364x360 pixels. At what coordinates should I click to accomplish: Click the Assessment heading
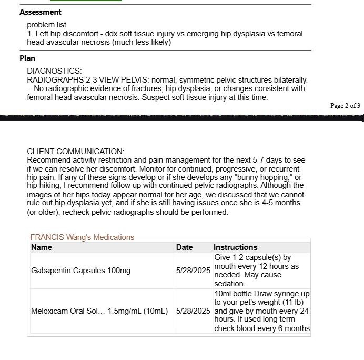[x=41, y=12]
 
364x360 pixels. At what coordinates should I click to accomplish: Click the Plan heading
[x=27, y=58]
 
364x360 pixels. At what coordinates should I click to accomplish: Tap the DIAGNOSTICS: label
[x=54, y=71]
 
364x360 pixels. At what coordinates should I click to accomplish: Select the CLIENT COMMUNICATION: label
[x=75, y=152]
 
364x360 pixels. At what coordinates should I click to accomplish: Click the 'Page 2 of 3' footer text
[x=345, y=106]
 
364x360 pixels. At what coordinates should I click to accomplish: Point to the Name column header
[x=42, y=247]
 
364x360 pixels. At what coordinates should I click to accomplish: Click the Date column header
[x=185, y=247]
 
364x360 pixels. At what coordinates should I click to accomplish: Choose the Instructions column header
[x=235, y=247]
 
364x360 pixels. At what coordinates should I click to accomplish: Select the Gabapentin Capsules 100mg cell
[x=80, y=271]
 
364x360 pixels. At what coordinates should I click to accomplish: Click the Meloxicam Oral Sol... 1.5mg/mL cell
[x=99, y=311]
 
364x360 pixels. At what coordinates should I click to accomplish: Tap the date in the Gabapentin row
[x=193, y=271]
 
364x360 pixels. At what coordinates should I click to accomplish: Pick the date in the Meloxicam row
[x=193, y=311]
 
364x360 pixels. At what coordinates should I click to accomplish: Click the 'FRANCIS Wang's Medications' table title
[x=82, y=237]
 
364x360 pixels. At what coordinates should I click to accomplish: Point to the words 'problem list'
[x=46, y=25]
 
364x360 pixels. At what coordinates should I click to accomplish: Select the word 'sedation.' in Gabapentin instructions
[x=229, y=284]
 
